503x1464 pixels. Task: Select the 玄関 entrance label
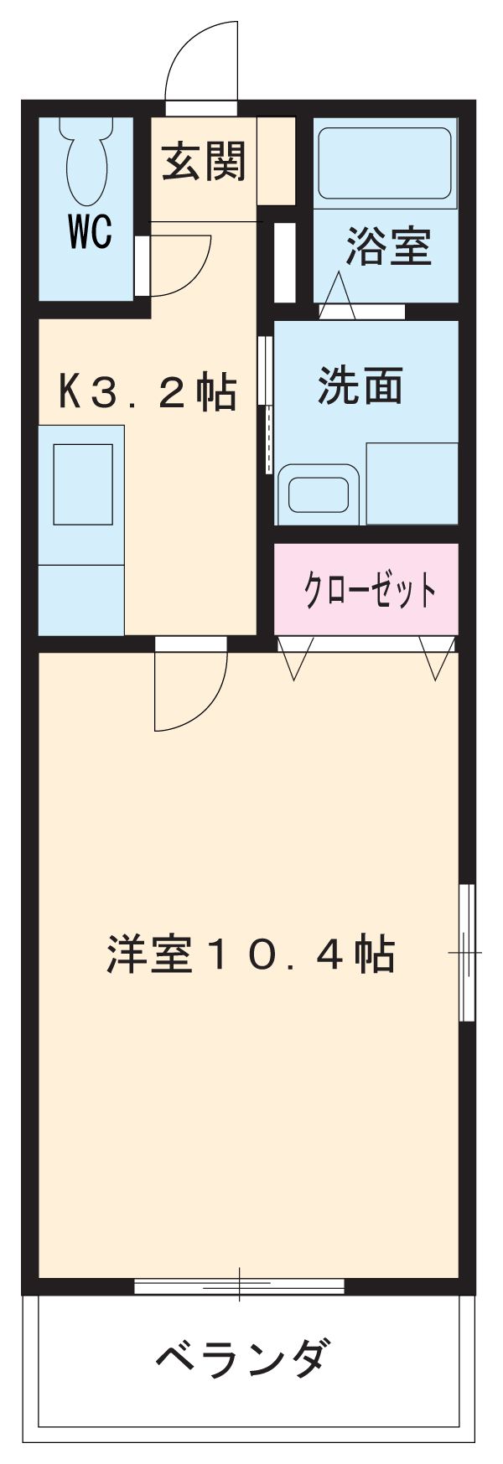click(204, 161)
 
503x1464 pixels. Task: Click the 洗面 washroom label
click(360, 385)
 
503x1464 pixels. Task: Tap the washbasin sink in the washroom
click(319, 494)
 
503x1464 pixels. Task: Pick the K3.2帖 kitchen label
click(147, 391)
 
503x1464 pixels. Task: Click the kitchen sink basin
click(83, 484)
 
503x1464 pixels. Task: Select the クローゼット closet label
click(369, 591)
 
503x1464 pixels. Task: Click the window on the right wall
click(467, 953)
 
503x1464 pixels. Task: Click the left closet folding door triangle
click(295, 657)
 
